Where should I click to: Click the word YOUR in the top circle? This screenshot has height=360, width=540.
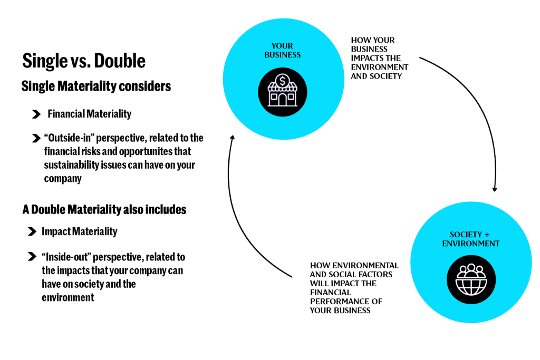point(282,46)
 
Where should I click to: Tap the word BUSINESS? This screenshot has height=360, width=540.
point(282,55)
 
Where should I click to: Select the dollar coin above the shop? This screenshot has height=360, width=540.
point(283,81)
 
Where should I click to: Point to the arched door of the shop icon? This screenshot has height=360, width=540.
point(283,100)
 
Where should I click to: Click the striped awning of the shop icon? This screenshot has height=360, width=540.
point(283,89)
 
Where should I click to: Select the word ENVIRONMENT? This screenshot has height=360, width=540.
point(471,244)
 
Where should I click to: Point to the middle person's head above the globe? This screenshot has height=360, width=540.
point(471,267)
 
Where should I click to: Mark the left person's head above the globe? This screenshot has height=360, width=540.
point(462,270)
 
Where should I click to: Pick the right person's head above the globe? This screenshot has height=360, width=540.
point(479,270)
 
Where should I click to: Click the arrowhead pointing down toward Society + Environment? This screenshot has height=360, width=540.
point(495,189)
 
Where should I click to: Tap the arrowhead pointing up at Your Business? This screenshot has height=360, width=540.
point(232,138)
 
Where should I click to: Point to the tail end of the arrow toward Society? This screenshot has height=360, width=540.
point(420,57)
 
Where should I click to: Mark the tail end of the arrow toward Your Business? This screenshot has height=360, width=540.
point(291,277)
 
